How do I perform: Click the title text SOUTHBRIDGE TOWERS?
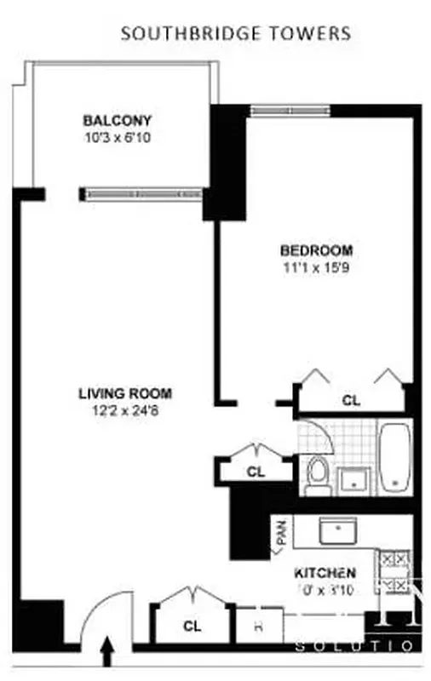coord(235,34)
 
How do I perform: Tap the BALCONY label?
coord(117,120)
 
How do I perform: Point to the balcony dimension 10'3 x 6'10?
coord(117,136)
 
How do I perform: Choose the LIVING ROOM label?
coord(125,393)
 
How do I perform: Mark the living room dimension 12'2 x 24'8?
coord(125,409)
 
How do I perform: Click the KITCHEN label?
coord(325,573)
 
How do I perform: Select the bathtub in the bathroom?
coord(394,456)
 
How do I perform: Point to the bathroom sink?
coord(350,480)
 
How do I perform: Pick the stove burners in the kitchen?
coord(395,570)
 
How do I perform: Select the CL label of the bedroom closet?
coord(351,399)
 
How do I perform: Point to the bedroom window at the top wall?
coord(284,108)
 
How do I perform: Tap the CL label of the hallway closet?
coord(256,471)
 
